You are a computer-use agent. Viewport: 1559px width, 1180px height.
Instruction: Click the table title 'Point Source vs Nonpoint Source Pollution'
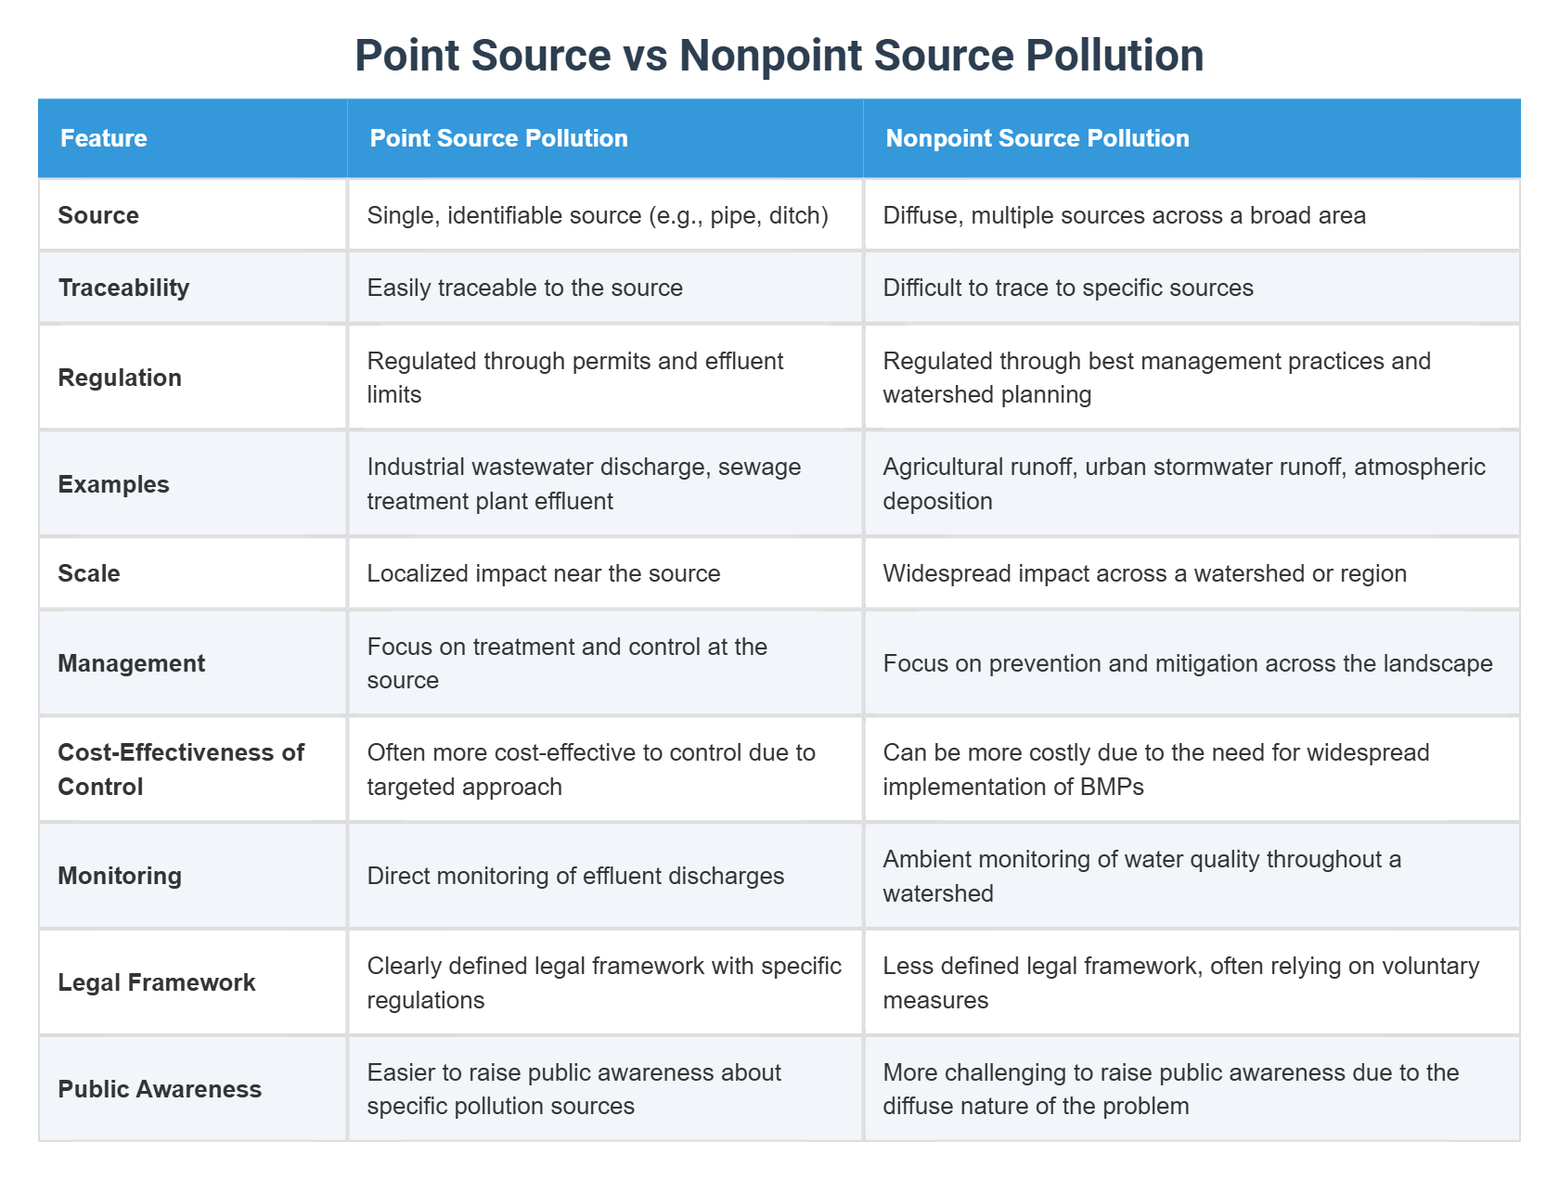[779, 56]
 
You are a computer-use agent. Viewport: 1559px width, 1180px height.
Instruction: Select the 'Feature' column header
[104, 138]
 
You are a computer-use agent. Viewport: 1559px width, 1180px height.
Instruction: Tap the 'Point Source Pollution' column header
[498, 138]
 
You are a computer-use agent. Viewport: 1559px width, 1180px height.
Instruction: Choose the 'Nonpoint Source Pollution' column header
[1037, 138]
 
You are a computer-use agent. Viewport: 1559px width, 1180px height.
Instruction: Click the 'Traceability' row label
[123, 288]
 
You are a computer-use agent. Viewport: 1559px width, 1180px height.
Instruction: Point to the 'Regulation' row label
[120, 378]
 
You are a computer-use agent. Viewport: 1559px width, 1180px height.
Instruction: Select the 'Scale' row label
[89, 573]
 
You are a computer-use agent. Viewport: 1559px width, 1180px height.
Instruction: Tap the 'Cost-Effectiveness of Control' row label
[181, 769]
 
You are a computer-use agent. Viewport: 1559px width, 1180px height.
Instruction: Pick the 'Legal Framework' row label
[156, 982]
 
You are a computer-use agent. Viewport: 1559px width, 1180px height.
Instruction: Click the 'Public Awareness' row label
[160, 1089]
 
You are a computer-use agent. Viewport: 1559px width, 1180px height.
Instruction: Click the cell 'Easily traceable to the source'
[524, 288]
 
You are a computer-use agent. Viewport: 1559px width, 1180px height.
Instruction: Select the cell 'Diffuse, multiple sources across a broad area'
[1124, 215]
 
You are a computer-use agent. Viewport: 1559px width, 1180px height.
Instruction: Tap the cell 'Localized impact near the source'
[543, 573]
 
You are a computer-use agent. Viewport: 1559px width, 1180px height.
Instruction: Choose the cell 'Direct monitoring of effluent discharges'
[575, 876]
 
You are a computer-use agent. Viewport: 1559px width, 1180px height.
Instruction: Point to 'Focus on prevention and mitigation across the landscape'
[1187, 663]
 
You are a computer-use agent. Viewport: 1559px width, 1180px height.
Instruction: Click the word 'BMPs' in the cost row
[1112, 787]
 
